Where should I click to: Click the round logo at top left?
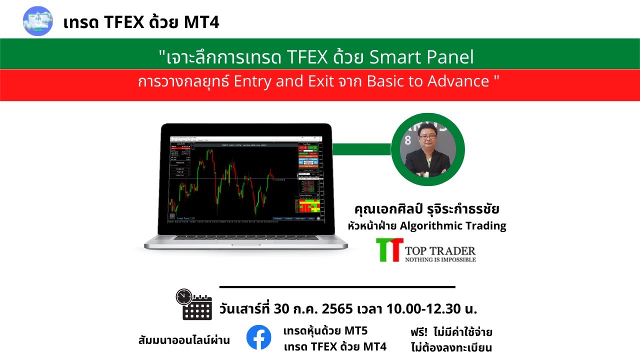pyautogui.click(x=38, y=21)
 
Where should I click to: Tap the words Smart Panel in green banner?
pyautogui.click(x=421, y=58)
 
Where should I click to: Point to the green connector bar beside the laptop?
pyautogui.click(x=361, y=149)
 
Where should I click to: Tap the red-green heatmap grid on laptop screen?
pyautogui.click(x=309, y=205)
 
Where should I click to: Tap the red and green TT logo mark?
pyautogui.click(x=390, y=250)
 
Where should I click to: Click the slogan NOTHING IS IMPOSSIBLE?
pyautogui.click(x=440, y=259)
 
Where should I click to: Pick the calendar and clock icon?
pyautogui.click(x=194, y=304)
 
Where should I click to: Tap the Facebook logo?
pyautogui.click(x=258, y=337)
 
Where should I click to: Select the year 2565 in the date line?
pyautogui.click(x=338, y=309)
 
